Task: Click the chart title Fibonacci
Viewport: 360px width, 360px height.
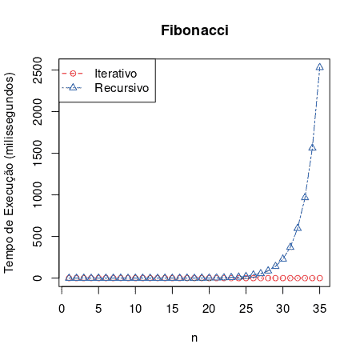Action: [x=194, y=30]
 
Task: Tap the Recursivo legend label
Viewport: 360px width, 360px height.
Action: [x=122, y=88]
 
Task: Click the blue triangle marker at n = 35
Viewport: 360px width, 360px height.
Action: [x=319, y=67]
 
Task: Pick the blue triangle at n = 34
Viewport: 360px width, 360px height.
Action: [x=312, y=147]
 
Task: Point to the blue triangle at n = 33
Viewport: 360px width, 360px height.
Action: [x=305, y=198]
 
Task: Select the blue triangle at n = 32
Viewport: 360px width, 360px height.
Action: [x=298, y=228]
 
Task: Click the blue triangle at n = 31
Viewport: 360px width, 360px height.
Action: [x=290, y=246]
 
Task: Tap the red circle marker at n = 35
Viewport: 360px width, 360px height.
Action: [x=319, y=278]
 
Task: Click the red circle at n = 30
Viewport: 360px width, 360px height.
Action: [x=282, y=278]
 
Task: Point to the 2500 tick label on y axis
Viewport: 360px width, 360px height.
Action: [x=37, y=70]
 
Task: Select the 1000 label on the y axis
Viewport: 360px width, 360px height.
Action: [x=37, y=194]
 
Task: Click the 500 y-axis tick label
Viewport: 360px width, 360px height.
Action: [x=37, y=237]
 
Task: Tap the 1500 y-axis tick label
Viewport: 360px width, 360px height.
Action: [x=37, y=153]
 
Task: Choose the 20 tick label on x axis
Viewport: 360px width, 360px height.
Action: [x=209, y=309]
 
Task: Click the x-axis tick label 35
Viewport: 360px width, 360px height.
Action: [x=319, y=309]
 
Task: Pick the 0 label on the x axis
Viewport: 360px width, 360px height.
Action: [x=62, y=309]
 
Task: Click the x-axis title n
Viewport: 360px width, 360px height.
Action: [x=194, y=338]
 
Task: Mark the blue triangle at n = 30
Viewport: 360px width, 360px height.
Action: [x=283, y=258]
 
